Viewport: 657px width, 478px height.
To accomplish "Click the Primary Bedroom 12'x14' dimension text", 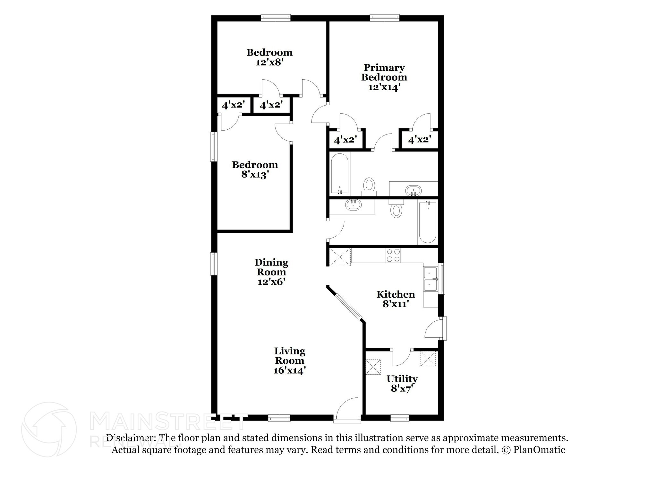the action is pos(384,87).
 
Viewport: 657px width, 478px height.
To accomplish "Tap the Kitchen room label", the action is pos(396,294).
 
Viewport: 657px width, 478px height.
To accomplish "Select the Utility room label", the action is pos(402,379).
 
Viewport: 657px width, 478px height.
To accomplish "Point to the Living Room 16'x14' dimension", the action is pos(289,370).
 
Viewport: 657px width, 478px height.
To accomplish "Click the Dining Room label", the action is pos(271,267).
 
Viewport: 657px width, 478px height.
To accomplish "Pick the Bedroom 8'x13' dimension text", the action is pos(255,175).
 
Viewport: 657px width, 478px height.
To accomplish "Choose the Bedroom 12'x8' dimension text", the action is pos(269,62).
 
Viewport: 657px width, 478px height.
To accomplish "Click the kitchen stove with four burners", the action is pos(393,256).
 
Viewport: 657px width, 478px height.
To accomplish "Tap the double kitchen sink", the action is pos(431,279).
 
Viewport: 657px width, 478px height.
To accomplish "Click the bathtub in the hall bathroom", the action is pos(427,222).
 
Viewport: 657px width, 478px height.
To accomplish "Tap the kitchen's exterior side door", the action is pos(436,328).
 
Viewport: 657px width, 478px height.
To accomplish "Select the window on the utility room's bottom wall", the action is pos(400,418).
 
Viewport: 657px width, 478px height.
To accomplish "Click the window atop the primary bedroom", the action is pos(385,18).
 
